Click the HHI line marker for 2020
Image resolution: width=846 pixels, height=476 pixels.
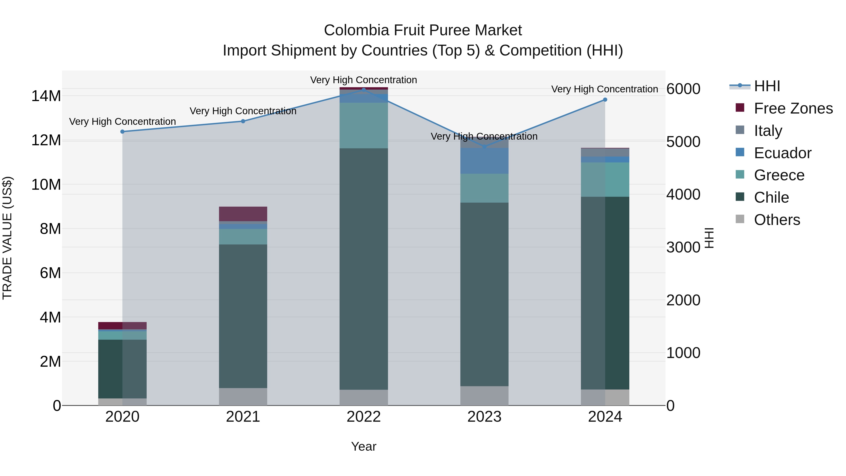pyautogui.click(x=122, y=132)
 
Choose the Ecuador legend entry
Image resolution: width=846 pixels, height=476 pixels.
pyautogui.click(x=782, y=153)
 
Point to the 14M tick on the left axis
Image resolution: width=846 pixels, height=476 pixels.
pyautogui.click(x=46, y=96)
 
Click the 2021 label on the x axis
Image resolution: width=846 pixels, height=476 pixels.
pyautogui.click(x=243, y=417)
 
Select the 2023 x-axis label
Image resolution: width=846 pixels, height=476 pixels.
pyautogui.click(x=484, y=417)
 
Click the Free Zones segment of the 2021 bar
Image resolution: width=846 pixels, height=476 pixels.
pyautogui.click(x=243, y=214)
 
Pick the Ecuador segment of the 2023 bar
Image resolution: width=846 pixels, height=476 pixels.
pyautogui.click(x=484, y=161)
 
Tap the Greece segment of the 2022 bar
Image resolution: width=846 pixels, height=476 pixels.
pyautogui.click(x=364, y=126)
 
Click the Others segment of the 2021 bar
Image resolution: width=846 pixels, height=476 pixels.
pyautogui.click(x=243, y=397)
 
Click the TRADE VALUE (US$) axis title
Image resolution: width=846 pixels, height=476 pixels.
pyautogui.click(x=7, y=238)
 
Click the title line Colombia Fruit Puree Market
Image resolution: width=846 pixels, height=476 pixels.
pyautogui.click(x=423, y=31)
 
